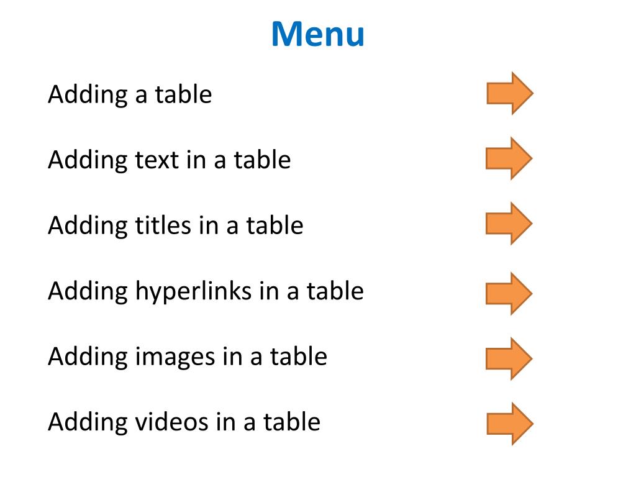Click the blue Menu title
[317, 35]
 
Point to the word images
[173, 357]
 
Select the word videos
[171, 422]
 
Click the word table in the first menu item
[183, 94]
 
